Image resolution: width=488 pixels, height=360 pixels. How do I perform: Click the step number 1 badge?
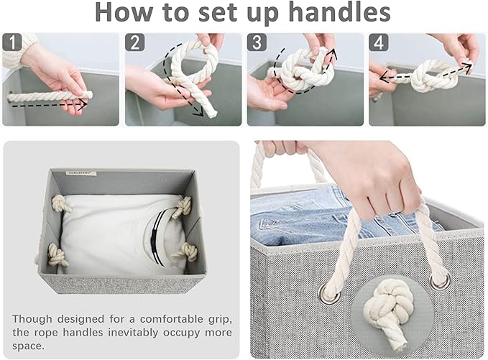[x=12, y=42]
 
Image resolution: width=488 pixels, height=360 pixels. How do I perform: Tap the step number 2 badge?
[x=135, y=42]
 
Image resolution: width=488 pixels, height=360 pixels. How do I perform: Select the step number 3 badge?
[x=257, y=42]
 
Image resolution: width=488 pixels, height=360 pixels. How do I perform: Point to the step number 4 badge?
[x=379, y=42]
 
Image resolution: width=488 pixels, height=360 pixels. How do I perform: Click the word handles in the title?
[x=339, y=11]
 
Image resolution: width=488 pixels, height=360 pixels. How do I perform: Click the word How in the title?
[x=124, y=11]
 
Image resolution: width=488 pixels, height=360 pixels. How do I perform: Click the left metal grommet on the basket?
[x=329, y=294]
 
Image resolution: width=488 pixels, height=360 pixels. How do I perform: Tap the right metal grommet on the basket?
[x=441, y=280]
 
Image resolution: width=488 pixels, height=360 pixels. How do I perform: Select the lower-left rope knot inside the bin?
[x=56, y=255]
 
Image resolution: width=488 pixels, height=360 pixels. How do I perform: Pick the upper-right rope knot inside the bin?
[x=183, y=206]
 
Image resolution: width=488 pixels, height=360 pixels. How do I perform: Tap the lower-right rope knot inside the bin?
[x=188, y=252]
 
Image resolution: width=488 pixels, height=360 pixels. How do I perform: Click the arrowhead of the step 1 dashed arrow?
[x=83, y=106]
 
